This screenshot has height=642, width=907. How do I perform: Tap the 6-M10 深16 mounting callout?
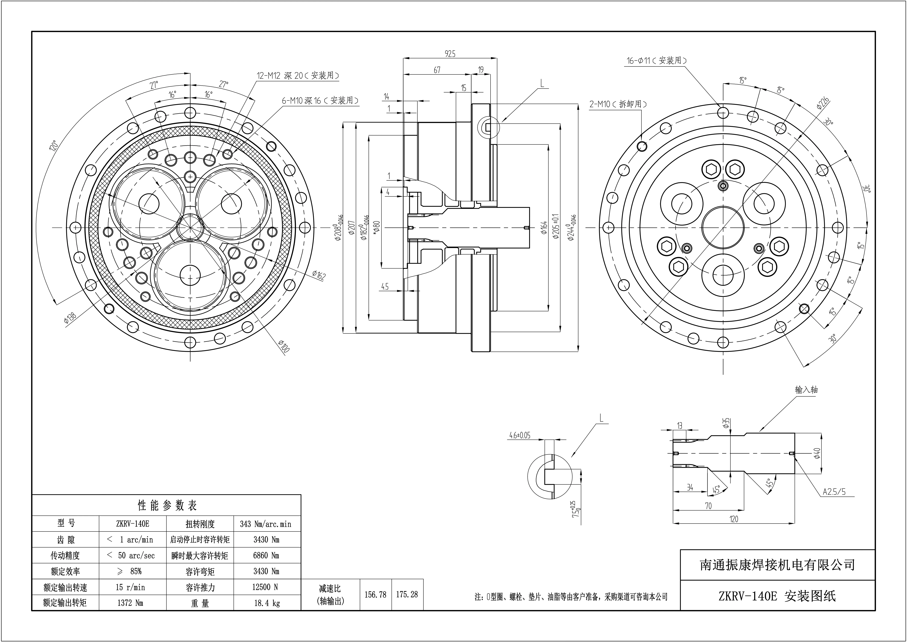pos(320,100)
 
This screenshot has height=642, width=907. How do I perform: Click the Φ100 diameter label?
pos(284,346)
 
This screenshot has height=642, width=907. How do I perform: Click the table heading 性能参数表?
pos(167,505)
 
